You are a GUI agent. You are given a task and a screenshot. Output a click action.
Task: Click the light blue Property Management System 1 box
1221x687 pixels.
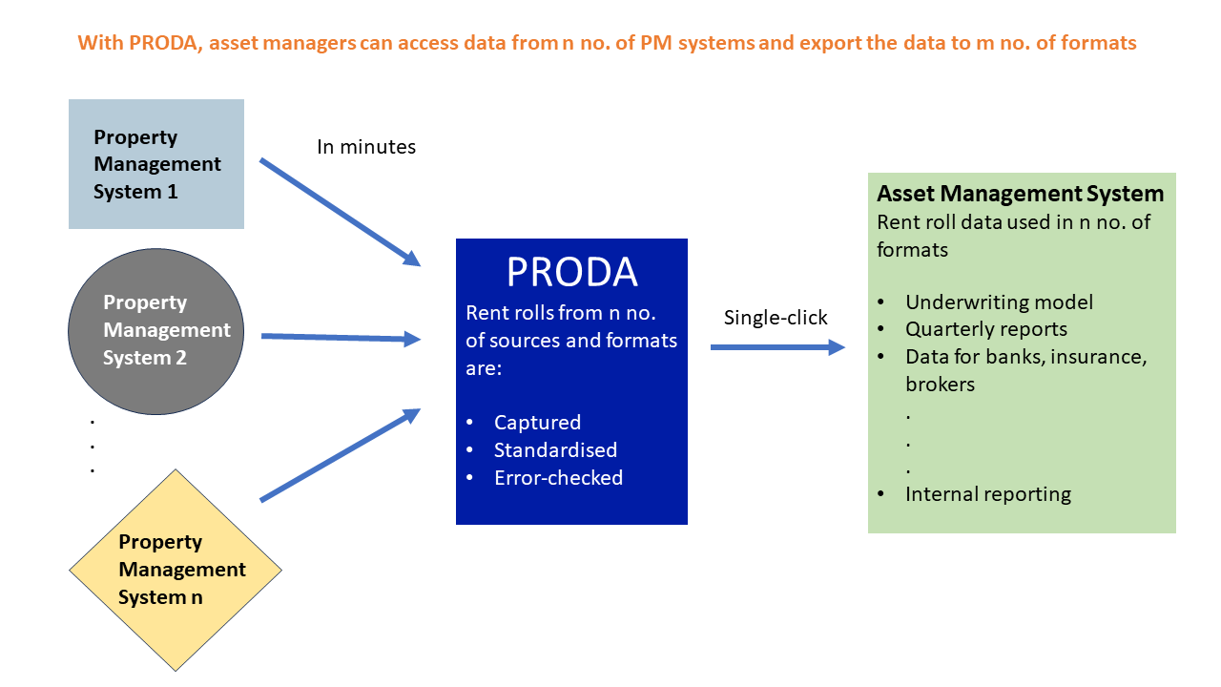click(x=156, y=164)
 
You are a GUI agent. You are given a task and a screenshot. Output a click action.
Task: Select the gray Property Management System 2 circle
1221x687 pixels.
click(x=156, y=330)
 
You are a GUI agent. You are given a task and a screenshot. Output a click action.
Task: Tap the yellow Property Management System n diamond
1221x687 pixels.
click(x=176, y=570)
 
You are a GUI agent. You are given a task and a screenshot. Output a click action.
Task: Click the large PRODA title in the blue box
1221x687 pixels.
click(x=571, y=273)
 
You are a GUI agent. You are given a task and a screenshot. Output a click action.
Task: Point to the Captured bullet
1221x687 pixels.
click(x=537, y=423)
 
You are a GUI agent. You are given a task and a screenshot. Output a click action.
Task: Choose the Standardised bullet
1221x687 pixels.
click(x=555, y=450)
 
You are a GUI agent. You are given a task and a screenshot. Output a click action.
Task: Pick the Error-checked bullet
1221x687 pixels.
click(x=558, y=478)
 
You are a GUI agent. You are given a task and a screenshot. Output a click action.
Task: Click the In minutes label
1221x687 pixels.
click(x=366, y=147)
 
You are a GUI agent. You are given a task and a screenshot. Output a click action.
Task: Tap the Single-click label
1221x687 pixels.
click(x=776, y=318)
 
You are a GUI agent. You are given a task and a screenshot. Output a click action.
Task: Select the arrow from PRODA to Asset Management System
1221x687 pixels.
click(x=777, y=347)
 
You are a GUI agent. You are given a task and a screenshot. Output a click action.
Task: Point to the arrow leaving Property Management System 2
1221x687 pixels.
click(x=341, y=337)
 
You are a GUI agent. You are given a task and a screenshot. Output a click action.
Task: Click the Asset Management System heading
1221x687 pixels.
click(x=1020, y=194)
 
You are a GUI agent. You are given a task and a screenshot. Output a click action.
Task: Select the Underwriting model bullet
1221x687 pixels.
click(x=999, y=302)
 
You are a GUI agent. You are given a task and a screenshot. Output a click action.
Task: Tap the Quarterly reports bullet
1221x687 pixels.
click(x=985, y=329)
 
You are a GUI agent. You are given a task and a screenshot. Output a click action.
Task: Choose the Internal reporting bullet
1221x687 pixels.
click(x=987, y=494)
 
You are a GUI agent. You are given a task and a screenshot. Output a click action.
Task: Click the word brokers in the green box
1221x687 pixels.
click(x=940, y=384)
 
